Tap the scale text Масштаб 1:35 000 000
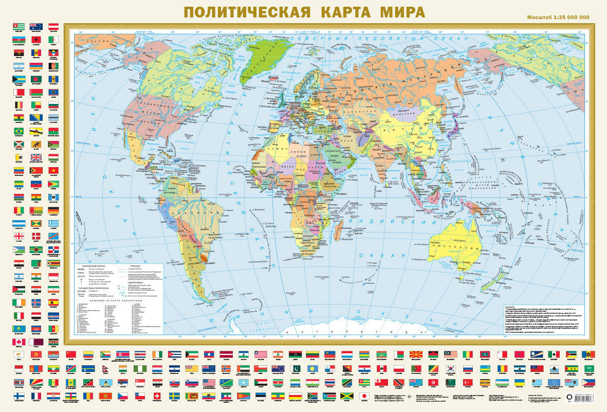(558, 18)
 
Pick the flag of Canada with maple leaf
(19, 342)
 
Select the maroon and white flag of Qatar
(36, 342)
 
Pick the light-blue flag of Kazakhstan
(19, 329)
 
